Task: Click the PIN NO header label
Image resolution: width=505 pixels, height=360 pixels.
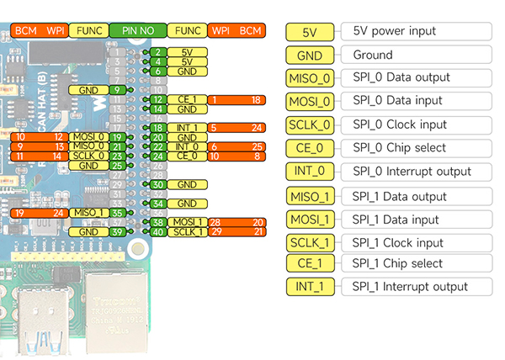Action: [137, 30]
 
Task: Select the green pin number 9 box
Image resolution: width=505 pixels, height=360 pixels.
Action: [117, 89]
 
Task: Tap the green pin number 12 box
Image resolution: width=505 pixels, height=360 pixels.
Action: [157, 99]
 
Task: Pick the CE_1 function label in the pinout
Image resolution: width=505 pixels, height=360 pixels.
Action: [186, 99]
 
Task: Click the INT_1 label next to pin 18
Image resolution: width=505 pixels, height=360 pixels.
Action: [186, 128]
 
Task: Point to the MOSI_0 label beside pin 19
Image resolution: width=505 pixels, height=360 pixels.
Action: [88, 136]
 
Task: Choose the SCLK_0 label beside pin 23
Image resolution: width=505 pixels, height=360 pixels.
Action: [88, 156]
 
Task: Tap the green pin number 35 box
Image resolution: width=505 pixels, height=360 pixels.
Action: [117, 213]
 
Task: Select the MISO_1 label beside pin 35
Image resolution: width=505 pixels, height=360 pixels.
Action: [88, 213]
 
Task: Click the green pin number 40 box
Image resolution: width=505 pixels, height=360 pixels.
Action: [157, 232]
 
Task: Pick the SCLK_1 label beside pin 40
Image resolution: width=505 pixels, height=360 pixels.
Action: [186, 232]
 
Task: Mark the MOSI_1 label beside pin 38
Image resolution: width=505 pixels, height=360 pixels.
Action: [186, 222]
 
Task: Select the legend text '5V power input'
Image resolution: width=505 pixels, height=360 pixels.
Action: [395, 32]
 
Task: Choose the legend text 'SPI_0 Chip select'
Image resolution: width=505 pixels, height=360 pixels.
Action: [400, 148]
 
